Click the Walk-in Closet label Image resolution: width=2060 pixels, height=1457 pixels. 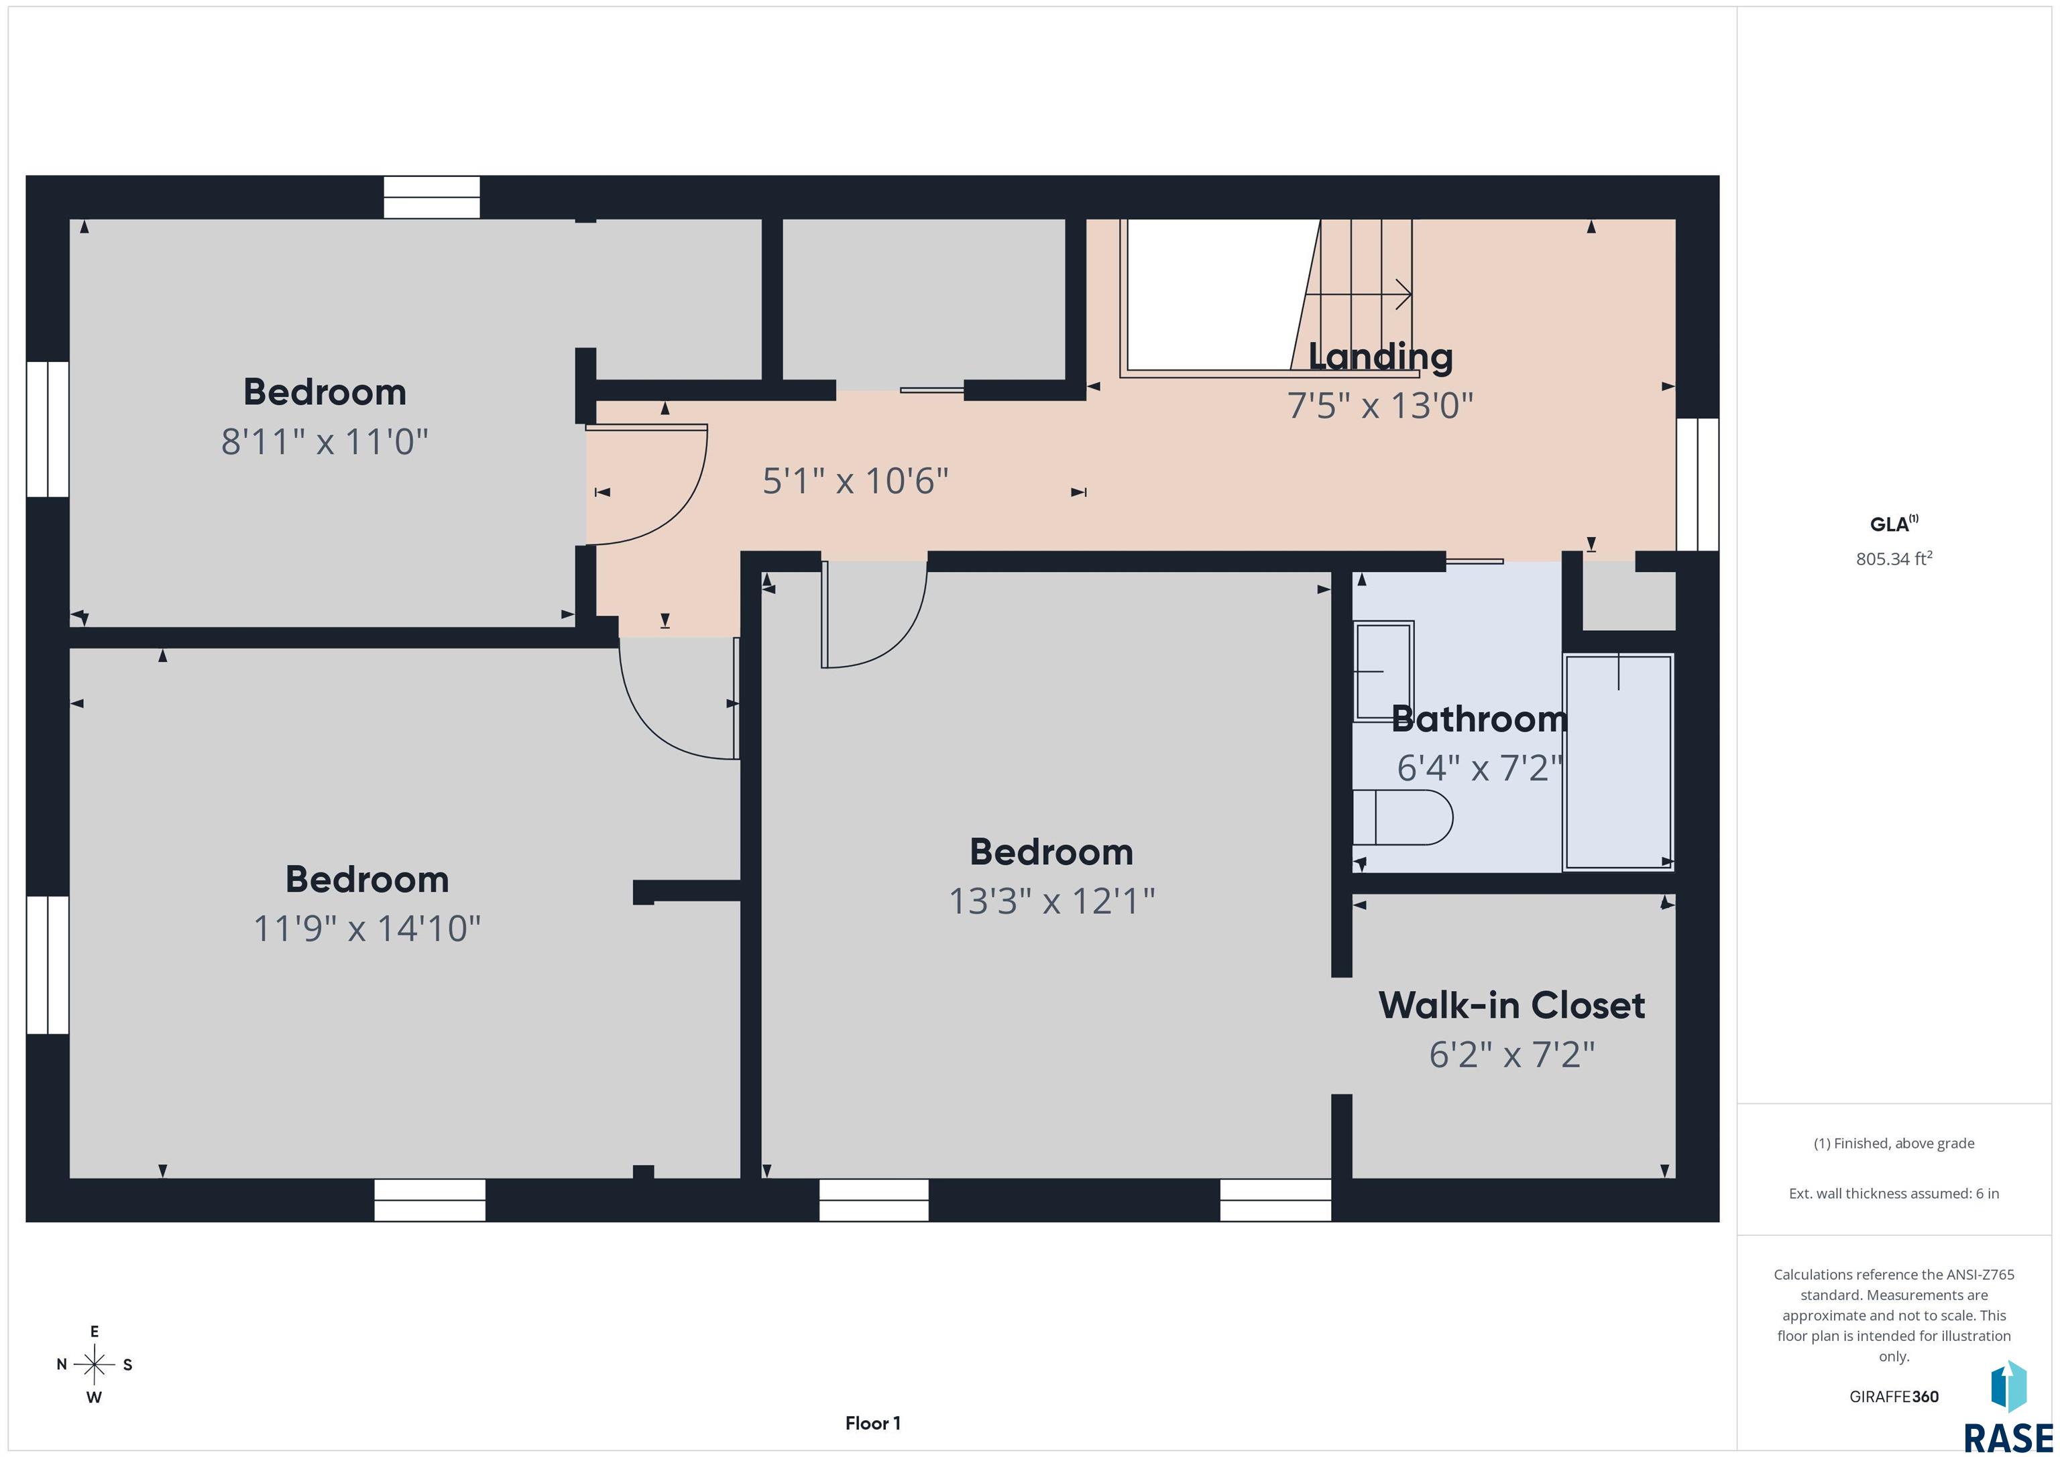(1511, 1006)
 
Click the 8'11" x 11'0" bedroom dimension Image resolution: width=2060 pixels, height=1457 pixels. (325, 441)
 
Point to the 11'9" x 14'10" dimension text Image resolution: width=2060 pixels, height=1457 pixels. (367, 929)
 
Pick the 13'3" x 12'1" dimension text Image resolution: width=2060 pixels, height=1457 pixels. (1051, 900)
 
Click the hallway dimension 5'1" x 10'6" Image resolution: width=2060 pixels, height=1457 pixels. (856, 481)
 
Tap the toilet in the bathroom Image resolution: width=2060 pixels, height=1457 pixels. (1402, 817)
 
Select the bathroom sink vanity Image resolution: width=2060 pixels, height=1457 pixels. (1383, 671)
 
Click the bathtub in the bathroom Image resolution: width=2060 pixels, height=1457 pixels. (1617, 762)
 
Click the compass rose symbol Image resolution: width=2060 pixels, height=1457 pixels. (94, 1364)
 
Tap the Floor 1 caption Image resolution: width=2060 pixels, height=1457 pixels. (873, 1423)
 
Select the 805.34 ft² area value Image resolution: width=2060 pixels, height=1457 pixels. (1894, 558)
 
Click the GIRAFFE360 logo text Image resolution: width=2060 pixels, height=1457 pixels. (1894, 1396)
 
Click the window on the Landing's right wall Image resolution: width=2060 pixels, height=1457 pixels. (1697, 485)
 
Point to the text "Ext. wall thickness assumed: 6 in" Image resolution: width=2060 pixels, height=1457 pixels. (1894, 1193)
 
